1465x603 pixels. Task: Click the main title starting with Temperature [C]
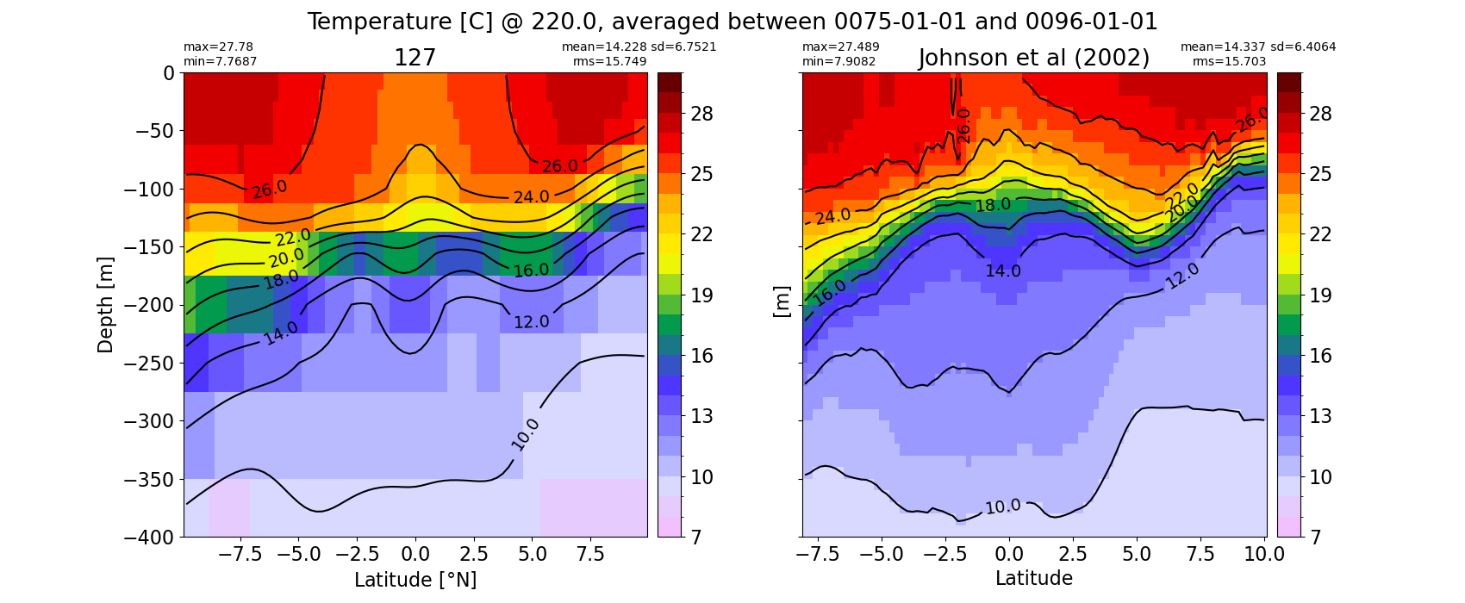click(732, 22)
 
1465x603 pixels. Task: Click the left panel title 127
click(415, 58)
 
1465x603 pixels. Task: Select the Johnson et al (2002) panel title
click(1034, 58)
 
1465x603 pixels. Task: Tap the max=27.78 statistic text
click(218, 47)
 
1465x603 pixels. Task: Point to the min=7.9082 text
click(838, 61)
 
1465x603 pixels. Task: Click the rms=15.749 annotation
click(609, 61)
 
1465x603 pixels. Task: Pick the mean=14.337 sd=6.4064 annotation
click(1258, 47)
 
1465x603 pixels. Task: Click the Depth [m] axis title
click(104, 305)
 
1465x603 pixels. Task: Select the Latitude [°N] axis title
click(415, 580)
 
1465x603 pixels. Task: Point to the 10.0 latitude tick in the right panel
click(1264, 555)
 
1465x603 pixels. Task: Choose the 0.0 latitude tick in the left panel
click(415, 555)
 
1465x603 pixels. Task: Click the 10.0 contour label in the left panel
click(525, 435)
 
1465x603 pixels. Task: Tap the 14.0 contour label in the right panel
click(1003, 270)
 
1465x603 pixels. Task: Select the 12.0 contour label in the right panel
click(1183, 276)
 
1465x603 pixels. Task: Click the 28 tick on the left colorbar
click(701, 115)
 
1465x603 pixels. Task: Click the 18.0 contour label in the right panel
click(993, 205)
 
